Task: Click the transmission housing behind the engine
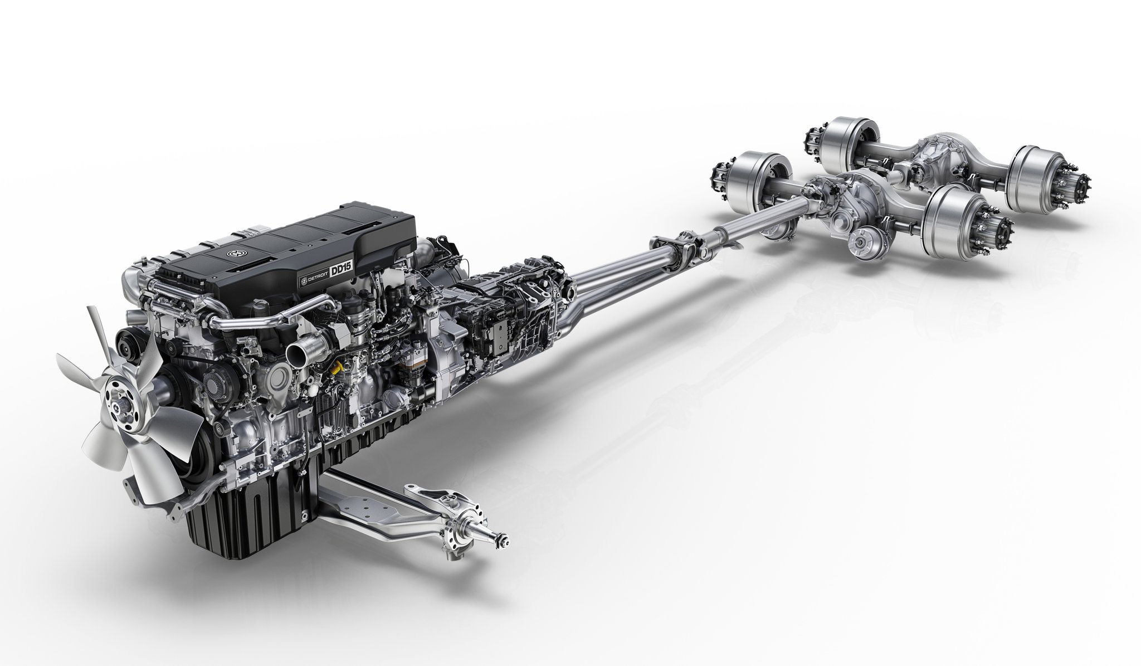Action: click(501, 312)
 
